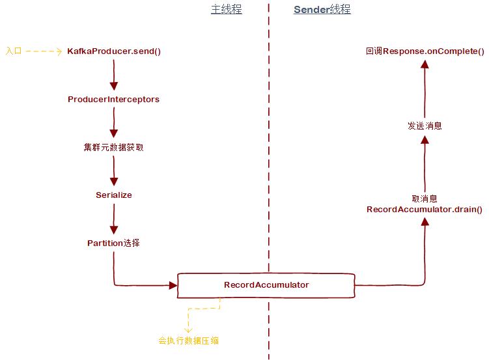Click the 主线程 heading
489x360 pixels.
(226, 10)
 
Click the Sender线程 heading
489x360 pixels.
(322, 10)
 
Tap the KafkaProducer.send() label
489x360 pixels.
(114, 51)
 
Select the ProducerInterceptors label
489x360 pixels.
(113, 100)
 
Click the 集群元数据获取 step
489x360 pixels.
(113, 147)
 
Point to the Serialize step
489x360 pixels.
(114, 195)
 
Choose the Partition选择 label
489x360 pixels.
(113, 243)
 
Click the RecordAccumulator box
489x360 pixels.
(266, 285)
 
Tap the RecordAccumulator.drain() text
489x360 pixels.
(425, 210)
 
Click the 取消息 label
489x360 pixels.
(425, 199)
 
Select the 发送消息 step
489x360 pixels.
(425, 126)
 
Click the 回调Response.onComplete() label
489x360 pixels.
(425, 51)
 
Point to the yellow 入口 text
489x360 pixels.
(14, 51)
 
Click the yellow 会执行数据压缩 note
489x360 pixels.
(193, 340)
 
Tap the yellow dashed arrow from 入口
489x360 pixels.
(44, 51)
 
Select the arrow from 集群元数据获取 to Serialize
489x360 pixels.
(114, 171)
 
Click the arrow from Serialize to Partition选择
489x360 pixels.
(114, 219)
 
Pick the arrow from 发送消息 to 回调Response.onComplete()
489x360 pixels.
(425, 88)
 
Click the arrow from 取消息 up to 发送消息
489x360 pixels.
(425, 163)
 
